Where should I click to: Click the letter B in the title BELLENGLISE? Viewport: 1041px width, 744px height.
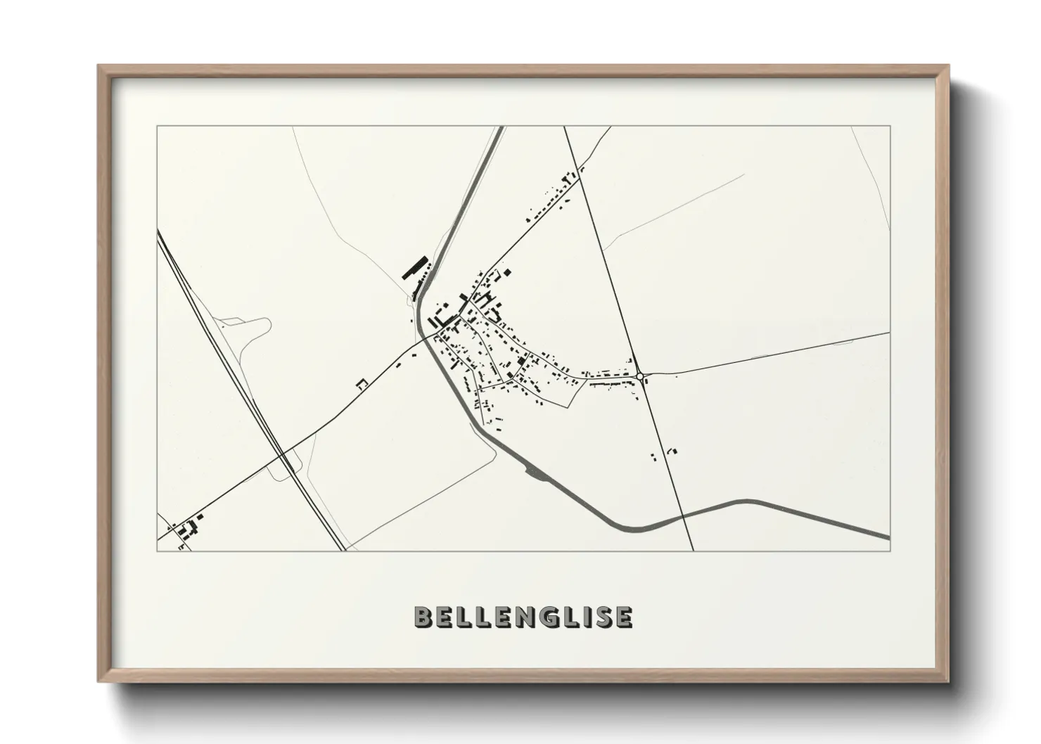tap(424, 617)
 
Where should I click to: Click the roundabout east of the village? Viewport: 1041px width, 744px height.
tap(639, 376)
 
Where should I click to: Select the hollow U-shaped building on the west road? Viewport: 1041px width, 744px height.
tap(362, 384)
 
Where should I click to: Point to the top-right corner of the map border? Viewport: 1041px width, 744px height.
tap(890, 127)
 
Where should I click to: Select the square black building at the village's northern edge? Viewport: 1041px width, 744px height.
tap(506, 271)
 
